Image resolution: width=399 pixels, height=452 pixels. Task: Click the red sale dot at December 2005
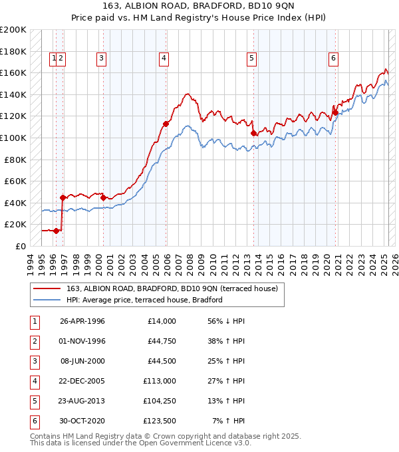click(x=166, y=124)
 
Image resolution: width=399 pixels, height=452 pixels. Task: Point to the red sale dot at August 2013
click(x=253, y=133)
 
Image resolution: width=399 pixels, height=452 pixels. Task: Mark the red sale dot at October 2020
click(x=336, y=112)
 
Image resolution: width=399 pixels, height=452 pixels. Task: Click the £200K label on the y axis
click(x=13, y=30)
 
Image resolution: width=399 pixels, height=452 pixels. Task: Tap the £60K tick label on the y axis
click(x=16, y=181)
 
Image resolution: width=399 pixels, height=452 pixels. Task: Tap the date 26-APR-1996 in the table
click(x=82, y=321)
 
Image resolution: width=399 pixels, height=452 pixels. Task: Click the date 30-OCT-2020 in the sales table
click(x=82, y=421)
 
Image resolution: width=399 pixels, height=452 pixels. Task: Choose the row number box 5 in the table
click(x=33, y=401)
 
